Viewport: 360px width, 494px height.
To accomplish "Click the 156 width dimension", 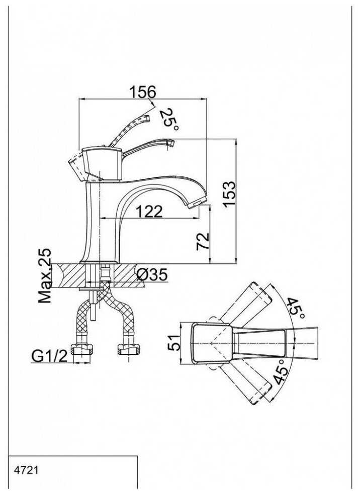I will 143,92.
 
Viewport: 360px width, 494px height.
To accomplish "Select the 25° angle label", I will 168,120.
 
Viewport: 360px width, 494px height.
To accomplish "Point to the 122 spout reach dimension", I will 148,212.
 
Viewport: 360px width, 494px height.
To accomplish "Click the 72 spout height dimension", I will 203,242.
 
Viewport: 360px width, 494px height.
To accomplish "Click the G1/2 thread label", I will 49,356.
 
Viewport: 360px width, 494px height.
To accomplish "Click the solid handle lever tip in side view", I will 170,144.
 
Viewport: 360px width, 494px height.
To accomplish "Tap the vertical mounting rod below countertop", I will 93,302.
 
